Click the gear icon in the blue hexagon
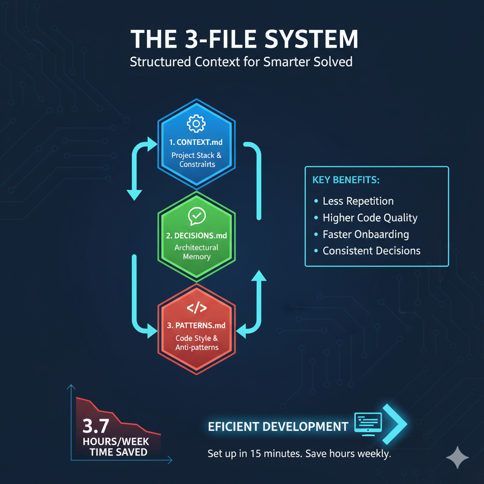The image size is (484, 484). coord(196,124)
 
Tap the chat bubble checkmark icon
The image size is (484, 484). coord(196,216)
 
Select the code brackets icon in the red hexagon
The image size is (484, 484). coord(197,308)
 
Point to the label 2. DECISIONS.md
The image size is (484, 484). coord(197,234)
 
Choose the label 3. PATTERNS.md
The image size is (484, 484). coord(197,326)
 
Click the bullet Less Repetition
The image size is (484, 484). coord(358,201)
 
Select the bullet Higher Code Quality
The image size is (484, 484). coord(370,217)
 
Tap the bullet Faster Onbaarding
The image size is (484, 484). coord(365,234)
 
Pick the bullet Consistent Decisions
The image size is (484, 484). coord(371,251)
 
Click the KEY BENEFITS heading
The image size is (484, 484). coord(346,181)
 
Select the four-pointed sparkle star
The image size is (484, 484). coord(458,457)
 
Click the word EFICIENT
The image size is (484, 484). coord(234,427)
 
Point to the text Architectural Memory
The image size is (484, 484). coord(197,252)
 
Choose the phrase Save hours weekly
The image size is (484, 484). coord(348,454)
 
